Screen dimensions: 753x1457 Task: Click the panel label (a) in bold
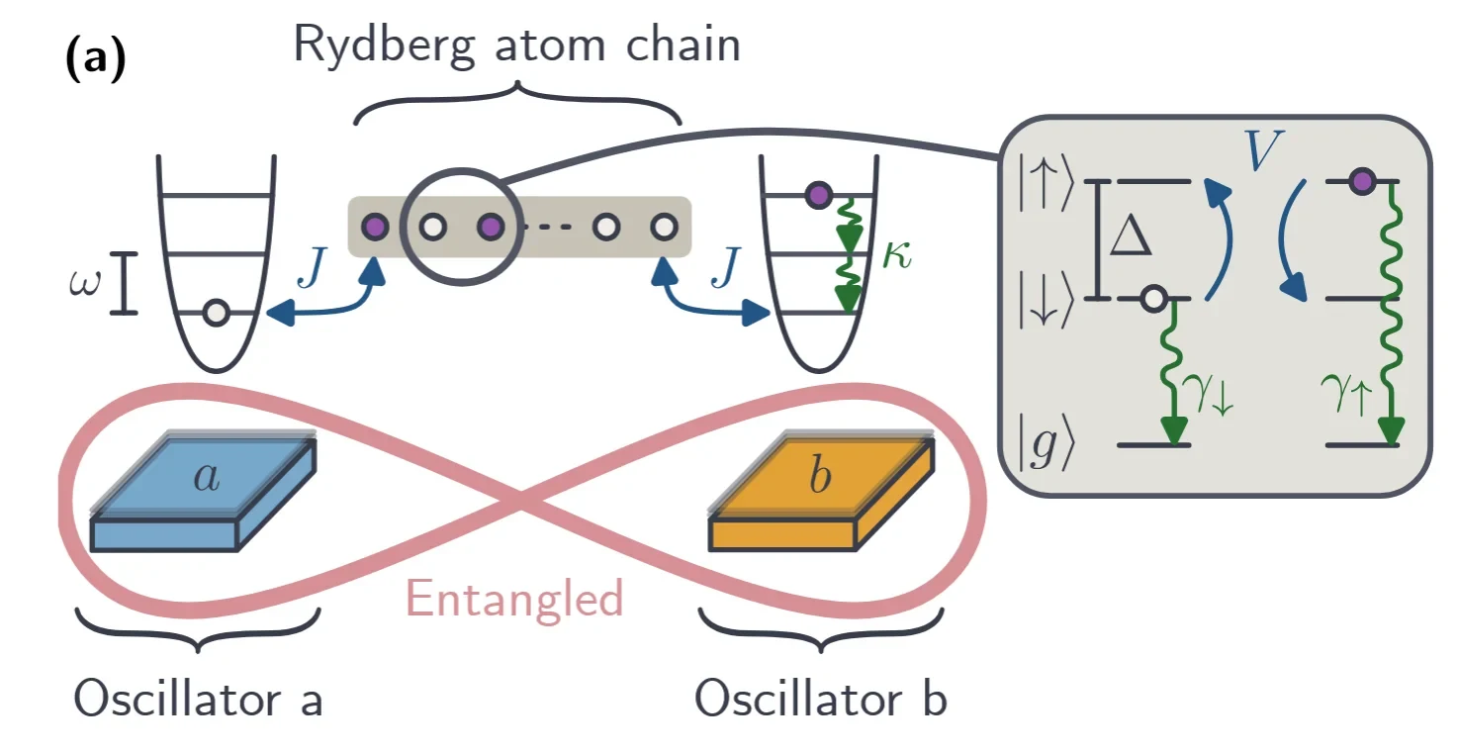(96, 61)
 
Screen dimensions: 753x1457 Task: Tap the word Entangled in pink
(514, 599)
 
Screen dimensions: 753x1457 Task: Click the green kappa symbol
(897, 259)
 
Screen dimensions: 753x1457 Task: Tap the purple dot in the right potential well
(816, 195)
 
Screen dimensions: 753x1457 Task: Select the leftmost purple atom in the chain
(375, 227)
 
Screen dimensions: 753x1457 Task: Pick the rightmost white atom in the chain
(662, 227)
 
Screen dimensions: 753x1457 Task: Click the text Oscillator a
(199, 700)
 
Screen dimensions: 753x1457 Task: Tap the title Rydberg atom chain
(516, 45)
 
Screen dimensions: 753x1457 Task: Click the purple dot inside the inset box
(1362, 181)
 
